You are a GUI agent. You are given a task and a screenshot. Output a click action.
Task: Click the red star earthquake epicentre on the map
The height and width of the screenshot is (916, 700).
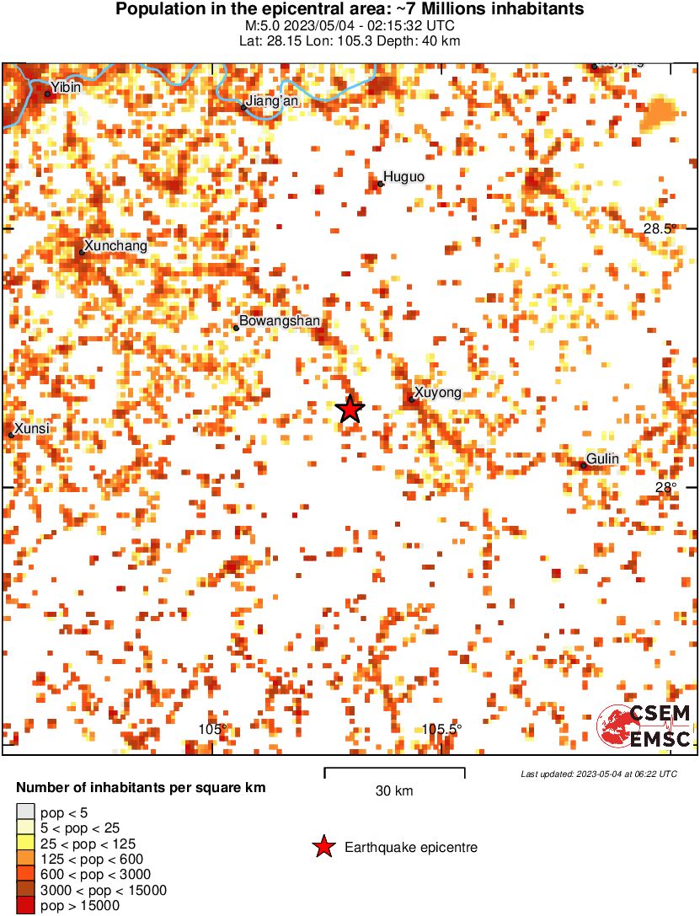350,410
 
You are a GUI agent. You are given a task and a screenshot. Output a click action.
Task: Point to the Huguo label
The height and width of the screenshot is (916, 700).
403,178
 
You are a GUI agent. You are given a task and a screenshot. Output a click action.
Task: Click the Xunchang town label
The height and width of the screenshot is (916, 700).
115,246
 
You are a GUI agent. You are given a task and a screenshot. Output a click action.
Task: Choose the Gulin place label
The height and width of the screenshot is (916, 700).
602,458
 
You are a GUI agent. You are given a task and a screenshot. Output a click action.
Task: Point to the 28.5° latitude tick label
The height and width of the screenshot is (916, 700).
660,228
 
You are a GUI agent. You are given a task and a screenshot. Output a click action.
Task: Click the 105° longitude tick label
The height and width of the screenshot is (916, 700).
212,730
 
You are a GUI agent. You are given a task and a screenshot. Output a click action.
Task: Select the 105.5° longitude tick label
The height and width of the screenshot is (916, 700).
442,730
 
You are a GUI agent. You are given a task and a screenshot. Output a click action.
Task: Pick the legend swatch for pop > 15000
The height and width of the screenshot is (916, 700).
25,906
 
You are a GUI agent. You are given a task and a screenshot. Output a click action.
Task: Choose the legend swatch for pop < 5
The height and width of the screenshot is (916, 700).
25,813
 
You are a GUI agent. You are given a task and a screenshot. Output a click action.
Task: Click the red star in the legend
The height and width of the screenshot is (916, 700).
323,848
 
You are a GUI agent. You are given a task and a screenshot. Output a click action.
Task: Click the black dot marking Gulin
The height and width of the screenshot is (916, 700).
583,465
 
